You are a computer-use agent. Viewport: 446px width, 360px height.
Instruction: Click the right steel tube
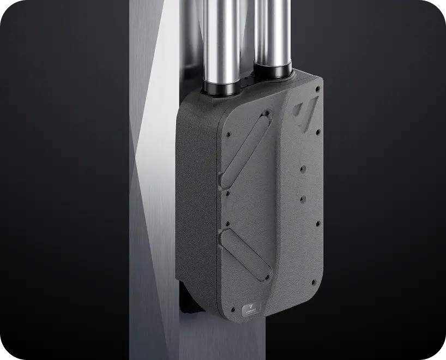pyautogui.click(x=272, y=33)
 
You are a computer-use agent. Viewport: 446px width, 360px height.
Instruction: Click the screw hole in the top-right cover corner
pyautogui.click(x=315, y=87)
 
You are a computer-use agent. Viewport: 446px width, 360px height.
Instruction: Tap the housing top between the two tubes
pyautogui.click(x=249, y=85)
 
